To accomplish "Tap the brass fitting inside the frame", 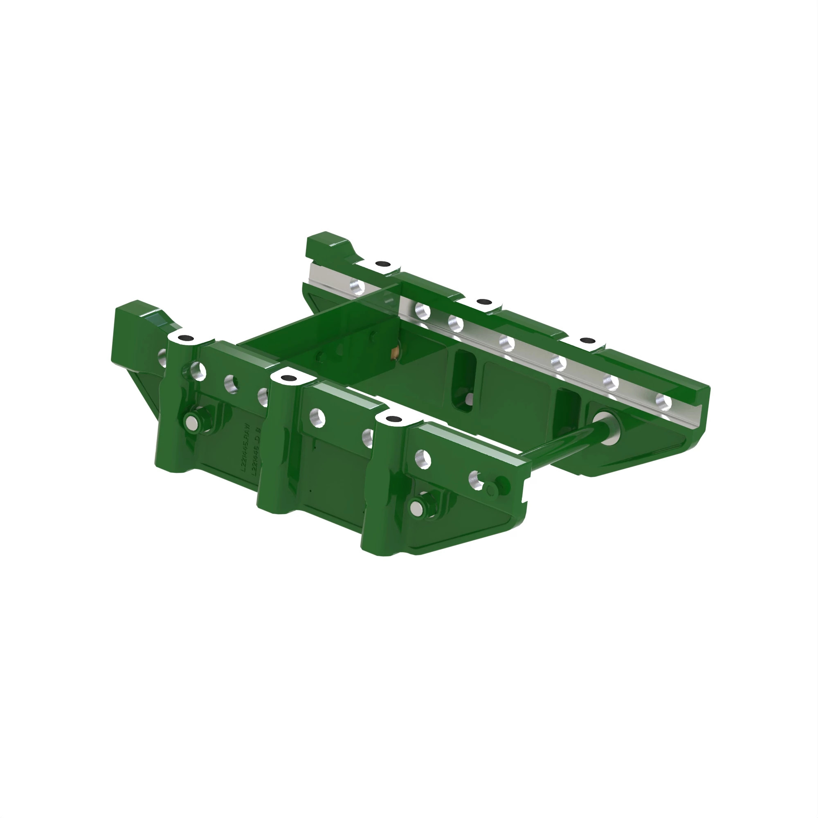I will pyautogui.click(x=395, y=352).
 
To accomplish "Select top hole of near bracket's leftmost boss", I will pyautogui.click(x=185, y=338).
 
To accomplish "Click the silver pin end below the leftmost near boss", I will pyautogui.click(x=192, y=421).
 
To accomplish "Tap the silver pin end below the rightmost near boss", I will pyautogui.click(x=418, y=507).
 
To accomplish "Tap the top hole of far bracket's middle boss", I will pyautogui.click(x=483, y=302).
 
